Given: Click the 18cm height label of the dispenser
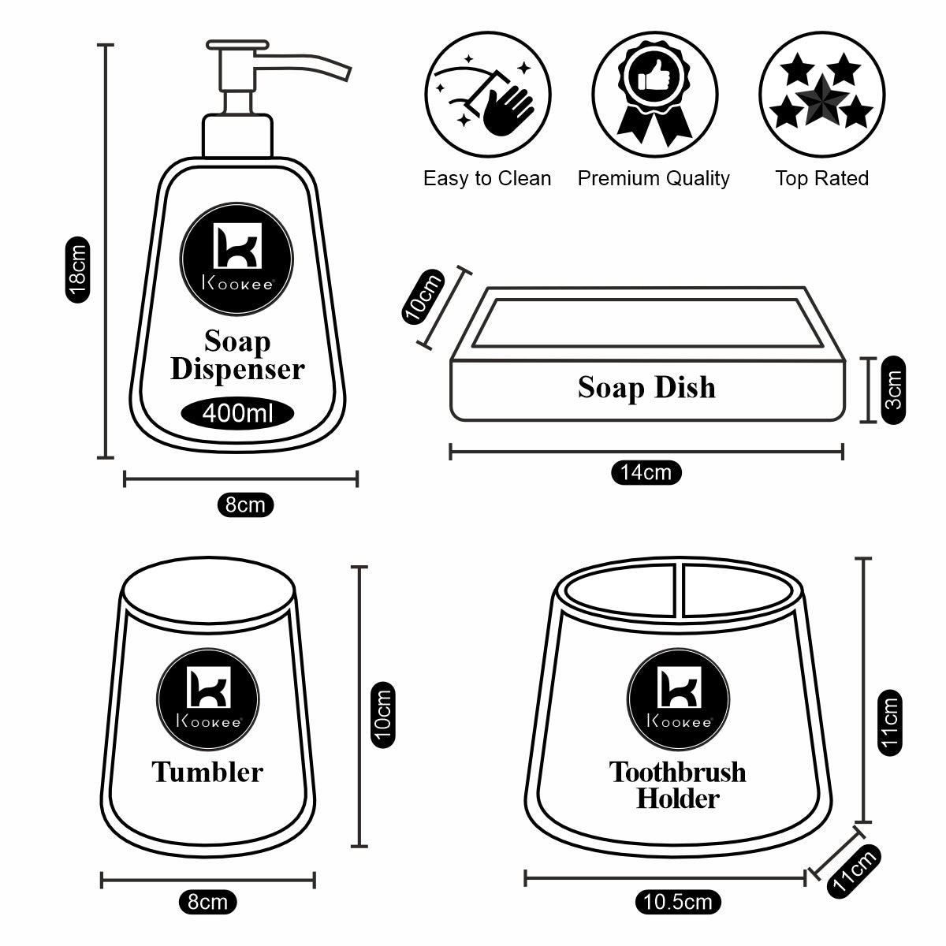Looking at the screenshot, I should coord(76,269).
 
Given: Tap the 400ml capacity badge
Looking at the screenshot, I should coord(236,412).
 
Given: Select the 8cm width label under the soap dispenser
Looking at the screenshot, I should coord(245,505).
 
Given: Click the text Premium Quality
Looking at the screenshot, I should coord(654,179).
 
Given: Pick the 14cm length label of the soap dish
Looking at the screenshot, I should coord(646,472).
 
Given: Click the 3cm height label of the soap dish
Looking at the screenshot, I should coord(894,390).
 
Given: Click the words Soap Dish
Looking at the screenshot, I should coord(646,387).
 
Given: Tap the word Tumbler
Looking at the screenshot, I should coord(207,771).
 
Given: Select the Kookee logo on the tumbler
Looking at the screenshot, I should coord(207,694).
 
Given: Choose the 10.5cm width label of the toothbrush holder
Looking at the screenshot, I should coord(677,902).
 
